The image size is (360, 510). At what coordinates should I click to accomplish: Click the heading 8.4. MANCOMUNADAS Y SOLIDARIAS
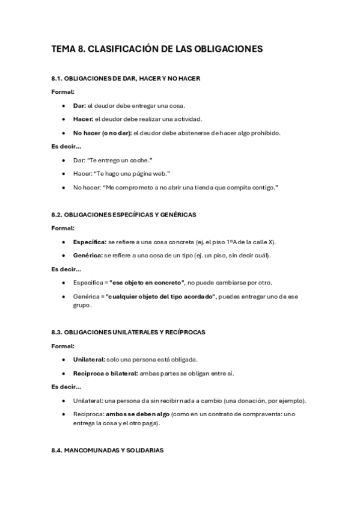pyautogui.click(x=107, y=450)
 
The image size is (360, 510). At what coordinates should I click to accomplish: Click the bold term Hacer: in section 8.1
pyautogui.click(x=84, y=118)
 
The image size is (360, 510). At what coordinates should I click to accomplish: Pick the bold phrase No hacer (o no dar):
pyautogui.click(x=102, y=133)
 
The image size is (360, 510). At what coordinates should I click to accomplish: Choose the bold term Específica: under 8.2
pyautogui.click(x=90, y=242)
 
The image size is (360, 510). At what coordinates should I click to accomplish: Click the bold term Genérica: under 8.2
pyautogui.click(x=88, y=255)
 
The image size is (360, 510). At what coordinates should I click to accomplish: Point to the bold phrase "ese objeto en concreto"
pyautogui.click(x=147, y=282)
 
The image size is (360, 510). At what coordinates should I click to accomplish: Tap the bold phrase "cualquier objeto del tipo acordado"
pyautogui.click(x=162, y=296)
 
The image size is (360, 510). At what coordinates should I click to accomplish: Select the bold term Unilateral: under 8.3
pyautogui.click(x=89, y=360)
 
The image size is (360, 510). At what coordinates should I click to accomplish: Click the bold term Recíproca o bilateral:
pyautogui.click(x=105, y=373)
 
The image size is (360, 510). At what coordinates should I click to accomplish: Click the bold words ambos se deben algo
pyautogui.click(x=138, y=414)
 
